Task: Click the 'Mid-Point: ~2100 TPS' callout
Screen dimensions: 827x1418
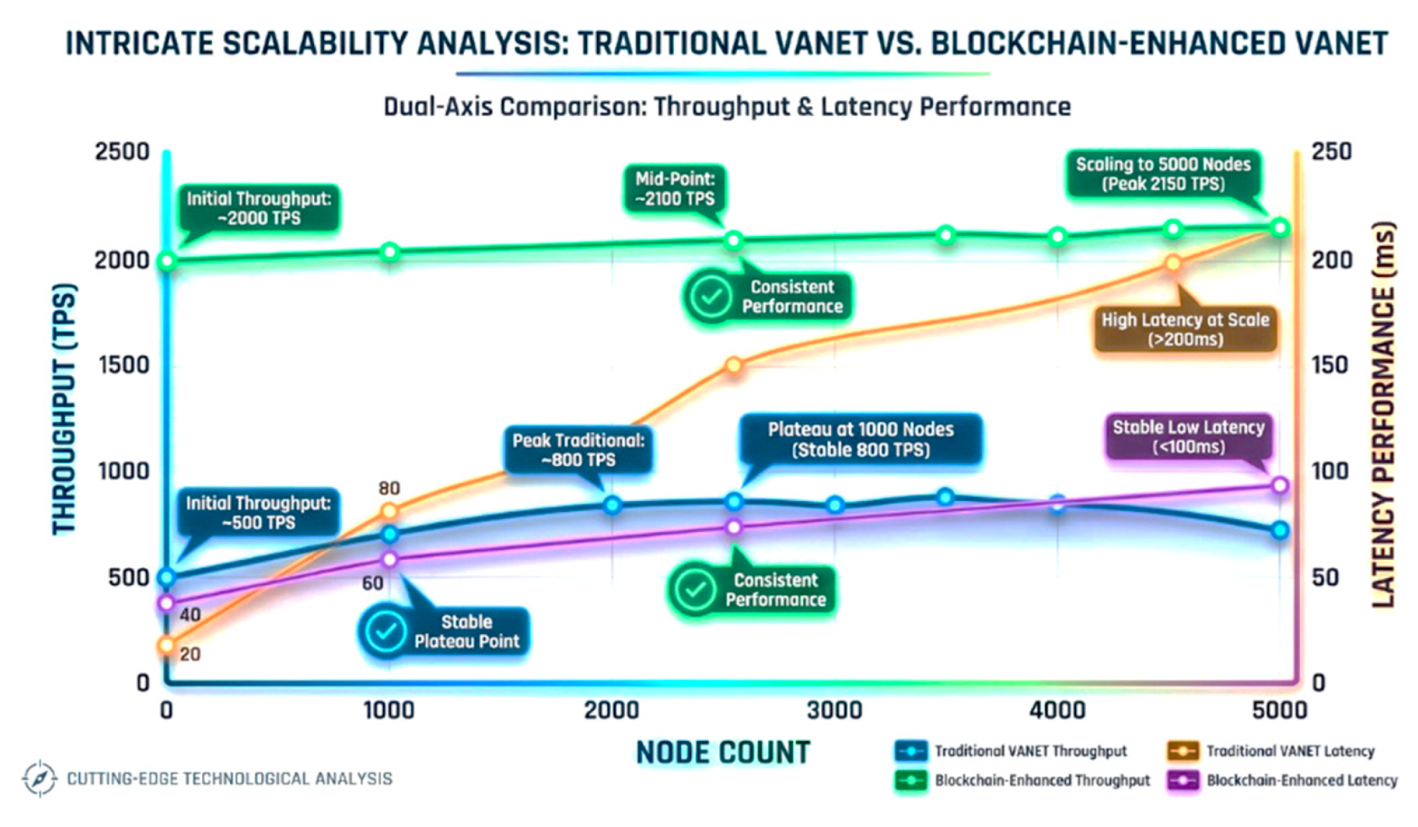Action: pyautogui.click(x=674, y=189)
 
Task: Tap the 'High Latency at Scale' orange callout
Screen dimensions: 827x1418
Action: pyautogui.click(x=1185, y=329)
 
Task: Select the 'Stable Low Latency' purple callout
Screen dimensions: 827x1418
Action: pyautogui.click(x=1188, y=437)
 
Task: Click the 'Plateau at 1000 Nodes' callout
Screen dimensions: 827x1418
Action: pyautogui.click(x=860, y=439)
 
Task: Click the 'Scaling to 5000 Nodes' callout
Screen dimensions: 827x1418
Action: pyautogui.click(x=1163, y=174)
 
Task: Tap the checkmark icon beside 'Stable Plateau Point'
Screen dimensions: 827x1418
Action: pyautogui.click(x=386, y=631)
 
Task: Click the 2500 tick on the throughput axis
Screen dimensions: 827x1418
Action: pyautogui.click(x=122, y=152)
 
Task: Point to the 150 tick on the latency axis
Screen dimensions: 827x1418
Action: pyautogui.click(x=1331, y=365)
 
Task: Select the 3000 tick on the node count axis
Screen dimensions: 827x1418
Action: pyautogui.click(x=834, y=710)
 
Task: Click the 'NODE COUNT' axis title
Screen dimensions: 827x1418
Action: pyautogui.click(x=722, y=752)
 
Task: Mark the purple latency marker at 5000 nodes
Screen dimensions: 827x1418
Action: pyautogui.click(x=1280, y=486)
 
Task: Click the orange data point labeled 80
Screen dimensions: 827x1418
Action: pyautogui.click(x=389, y=511)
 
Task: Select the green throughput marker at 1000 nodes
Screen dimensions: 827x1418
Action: pyautogui.click(x=389, y=252)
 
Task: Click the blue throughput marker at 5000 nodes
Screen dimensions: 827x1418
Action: pyautogui.click(x=1280, y=531)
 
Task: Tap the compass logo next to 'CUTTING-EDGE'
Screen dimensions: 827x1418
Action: pyautogui.click(x=39, y=778)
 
